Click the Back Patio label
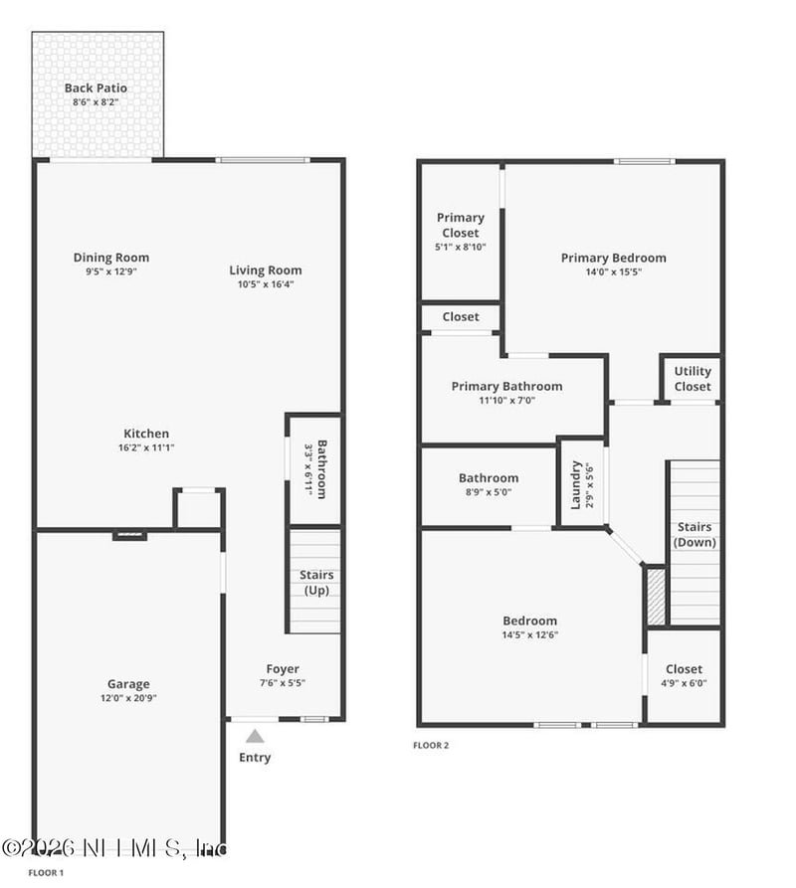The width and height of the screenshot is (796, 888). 96,88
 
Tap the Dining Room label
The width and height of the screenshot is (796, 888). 110,258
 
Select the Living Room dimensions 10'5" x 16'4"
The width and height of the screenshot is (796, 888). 265,284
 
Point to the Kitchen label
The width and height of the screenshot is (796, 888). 146,434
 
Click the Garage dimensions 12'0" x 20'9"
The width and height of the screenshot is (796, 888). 128,698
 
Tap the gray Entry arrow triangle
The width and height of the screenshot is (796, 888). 255,737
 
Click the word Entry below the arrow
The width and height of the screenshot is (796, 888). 255,758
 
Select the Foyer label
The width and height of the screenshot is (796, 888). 283,669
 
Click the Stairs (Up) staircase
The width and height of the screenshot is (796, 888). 315,582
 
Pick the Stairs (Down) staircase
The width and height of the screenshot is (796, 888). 695,542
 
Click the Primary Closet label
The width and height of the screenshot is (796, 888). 461,225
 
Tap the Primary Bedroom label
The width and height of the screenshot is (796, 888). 613,258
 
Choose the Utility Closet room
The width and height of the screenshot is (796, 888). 693,379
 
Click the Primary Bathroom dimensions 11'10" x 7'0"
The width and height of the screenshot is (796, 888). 506,401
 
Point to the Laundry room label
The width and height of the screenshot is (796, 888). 576,484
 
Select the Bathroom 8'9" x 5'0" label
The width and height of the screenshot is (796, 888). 488,478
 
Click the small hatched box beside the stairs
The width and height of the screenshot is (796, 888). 655,596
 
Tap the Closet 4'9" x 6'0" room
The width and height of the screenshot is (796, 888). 684,675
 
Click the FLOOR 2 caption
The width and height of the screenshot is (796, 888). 431,745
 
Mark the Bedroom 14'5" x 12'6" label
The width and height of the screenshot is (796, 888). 529,622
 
